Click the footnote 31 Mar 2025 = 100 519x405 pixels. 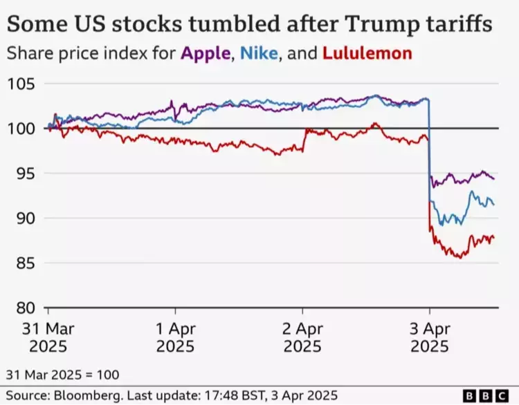(63, 375)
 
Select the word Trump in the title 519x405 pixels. (387, 24)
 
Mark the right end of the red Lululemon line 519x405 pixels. (493, 238)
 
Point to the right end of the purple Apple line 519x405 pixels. (493, 178)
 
